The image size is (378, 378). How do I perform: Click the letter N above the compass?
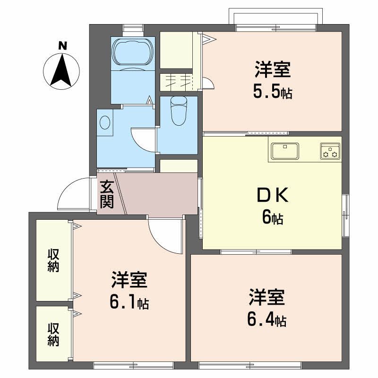pos(62,46)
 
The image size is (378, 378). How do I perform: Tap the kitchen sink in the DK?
pos(285,151)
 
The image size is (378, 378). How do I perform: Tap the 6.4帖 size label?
pos(266,320)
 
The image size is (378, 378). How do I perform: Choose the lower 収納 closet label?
pos(53,334)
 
